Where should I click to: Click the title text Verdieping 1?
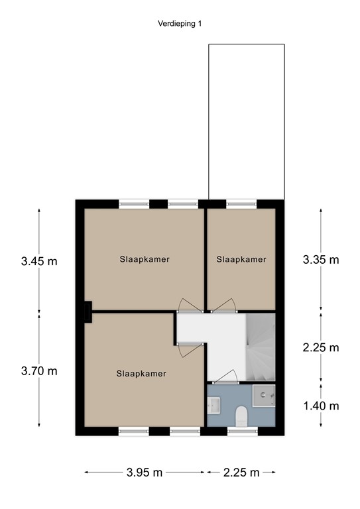[180, 23]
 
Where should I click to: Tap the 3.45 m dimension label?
[39, 261]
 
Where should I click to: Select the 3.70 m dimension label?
[39, 371]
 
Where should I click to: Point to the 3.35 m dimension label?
[321, 260]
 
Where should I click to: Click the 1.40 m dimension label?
[321, 406]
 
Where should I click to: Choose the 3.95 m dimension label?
[145, 473]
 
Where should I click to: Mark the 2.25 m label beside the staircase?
[321, 347]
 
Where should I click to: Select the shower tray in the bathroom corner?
[264, 396]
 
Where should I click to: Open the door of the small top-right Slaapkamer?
[223, 305]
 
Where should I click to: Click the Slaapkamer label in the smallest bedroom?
[241, 260]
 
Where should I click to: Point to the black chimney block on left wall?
[88, 312]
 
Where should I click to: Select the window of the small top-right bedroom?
[241, 204]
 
